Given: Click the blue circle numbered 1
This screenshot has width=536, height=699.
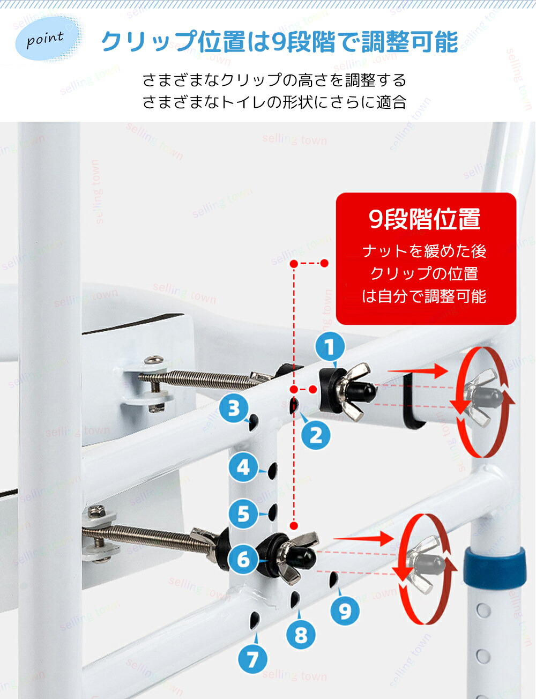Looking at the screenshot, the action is (x=330, y=347).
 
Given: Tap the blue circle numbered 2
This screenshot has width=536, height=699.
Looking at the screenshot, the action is (x=316, y=435).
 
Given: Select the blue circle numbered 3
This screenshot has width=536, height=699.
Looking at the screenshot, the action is (x=234, y=408).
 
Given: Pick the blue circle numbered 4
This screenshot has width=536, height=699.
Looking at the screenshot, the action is (x=243, y=467).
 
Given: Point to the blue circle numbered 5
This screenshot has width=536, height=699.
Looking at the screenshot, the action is (x=243, y=514).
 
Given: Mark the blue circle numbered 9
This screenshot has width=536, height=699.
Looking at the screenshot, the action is (x=345, y=610).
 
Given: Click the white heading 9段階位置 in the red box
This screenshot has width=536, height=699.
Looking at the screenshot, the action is (x=425, y=219).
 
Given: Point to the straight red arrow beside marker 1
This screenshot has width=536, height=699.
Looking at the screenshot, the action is (x=418, y=371).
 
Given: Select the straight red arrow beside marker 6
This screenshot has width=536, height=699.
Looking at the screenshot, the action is (x=363, y=538).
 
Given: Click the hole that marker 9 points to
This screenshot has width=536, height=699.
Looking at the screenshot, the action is (x=333, y=581).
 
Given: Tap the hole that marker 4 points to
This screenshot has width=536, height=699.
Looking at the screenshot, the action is (x=273, y=471).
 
